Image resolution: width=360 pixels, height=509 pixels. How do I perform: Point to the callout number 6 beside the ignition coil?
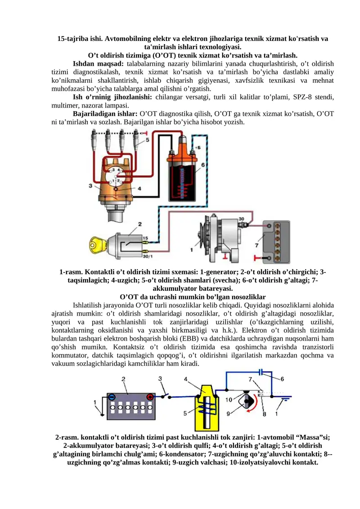203,165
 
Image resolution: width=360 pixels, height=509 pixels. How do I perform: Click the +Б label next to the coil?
198,147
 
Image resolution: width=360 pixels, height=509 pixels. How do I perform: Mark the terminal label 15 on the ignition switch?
145,237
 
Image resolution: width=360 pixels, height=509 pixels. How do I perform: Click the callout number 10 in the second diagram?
229,400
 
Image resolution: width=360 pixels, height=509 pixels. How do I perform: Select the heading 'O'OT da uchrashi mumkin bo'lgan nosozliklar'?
193,297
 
